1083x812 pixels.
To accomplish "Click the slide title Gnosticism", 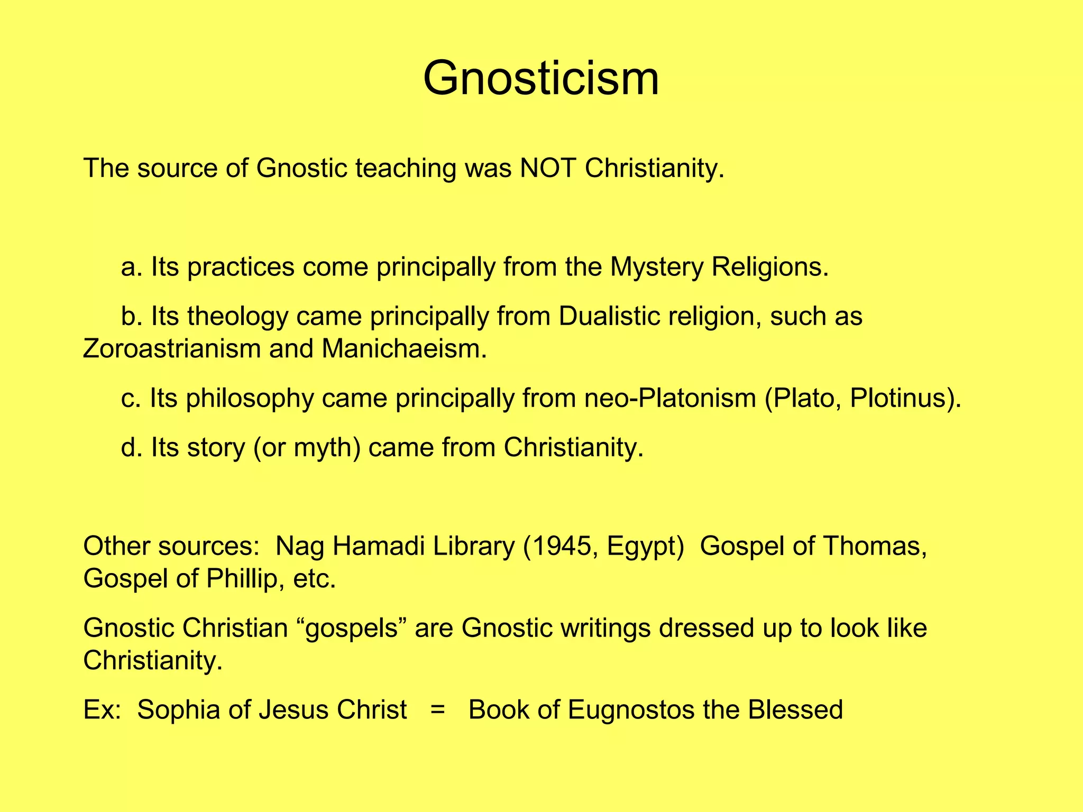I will tap(541, 79).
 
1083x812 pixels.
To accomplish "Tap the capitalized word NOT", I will tap(547, 169).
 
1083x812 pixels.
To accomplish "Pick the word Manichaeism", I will tap(403, 349).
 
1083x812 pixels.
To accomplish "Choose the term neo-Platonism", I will tap(670, 398).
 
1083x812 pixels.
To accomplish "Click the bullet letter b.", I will tap(128, 317).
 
